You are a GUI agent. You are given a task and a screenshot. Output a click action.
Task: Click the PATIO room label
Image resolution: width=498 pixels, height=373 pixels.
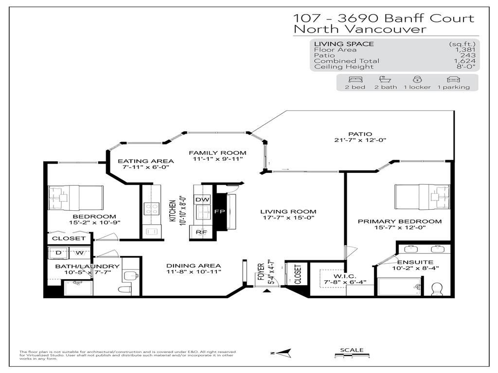coord(360,134)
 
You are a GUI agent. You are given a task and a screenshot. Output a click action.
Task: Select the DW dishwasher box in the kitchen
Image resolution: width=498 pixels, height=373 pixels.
coord(201,200)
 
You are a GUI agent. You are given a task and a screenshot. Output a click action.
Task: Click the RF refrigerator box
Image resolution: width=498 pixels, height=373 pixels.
coord(201,232)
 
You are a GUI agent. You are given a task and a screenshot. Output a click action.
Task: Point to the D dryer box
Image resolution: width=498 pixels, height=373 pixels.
coord(59,253)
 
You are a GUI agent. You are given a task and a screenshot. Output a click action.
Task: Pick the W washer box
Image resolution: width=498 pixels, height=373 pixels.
coord(78,253)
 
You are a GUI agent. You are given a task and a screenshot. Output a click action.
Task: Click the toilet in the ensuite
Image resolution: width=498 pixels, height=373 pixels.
coord(437,288)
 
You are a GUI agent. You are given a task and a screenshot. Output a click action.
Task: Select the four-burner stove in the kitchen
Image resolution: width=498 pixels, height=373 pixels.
coord(151,209)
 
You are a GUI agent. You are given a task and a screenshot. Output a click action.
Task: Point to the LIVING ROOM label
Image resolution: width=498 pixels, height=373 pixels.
coord(288,212)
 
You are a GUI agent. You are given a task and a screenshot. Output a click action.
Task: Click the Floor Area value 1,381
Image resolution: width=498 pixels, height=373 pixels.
coord(464,50)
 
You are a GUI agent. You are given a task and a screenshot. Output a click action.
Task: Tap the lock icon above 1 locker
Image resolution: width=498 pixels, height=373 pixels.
coord(417,80)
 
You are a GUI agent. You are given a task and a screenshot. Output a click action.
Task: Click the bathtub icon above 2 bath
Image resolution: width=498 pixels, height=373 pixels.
coord(385,80)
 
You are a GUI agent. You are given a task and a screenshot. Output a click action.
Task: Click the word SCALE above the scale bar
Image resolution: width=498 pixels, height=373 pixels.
coord(351,350)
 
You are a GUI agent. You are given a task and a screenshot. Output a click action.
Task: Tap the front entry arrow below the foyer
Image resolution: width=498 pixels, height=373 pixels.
coord(267,291)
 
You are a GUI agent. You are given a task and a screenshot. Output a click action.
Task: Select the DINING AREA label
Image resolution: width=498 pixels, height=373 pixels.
coord(194,266)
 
